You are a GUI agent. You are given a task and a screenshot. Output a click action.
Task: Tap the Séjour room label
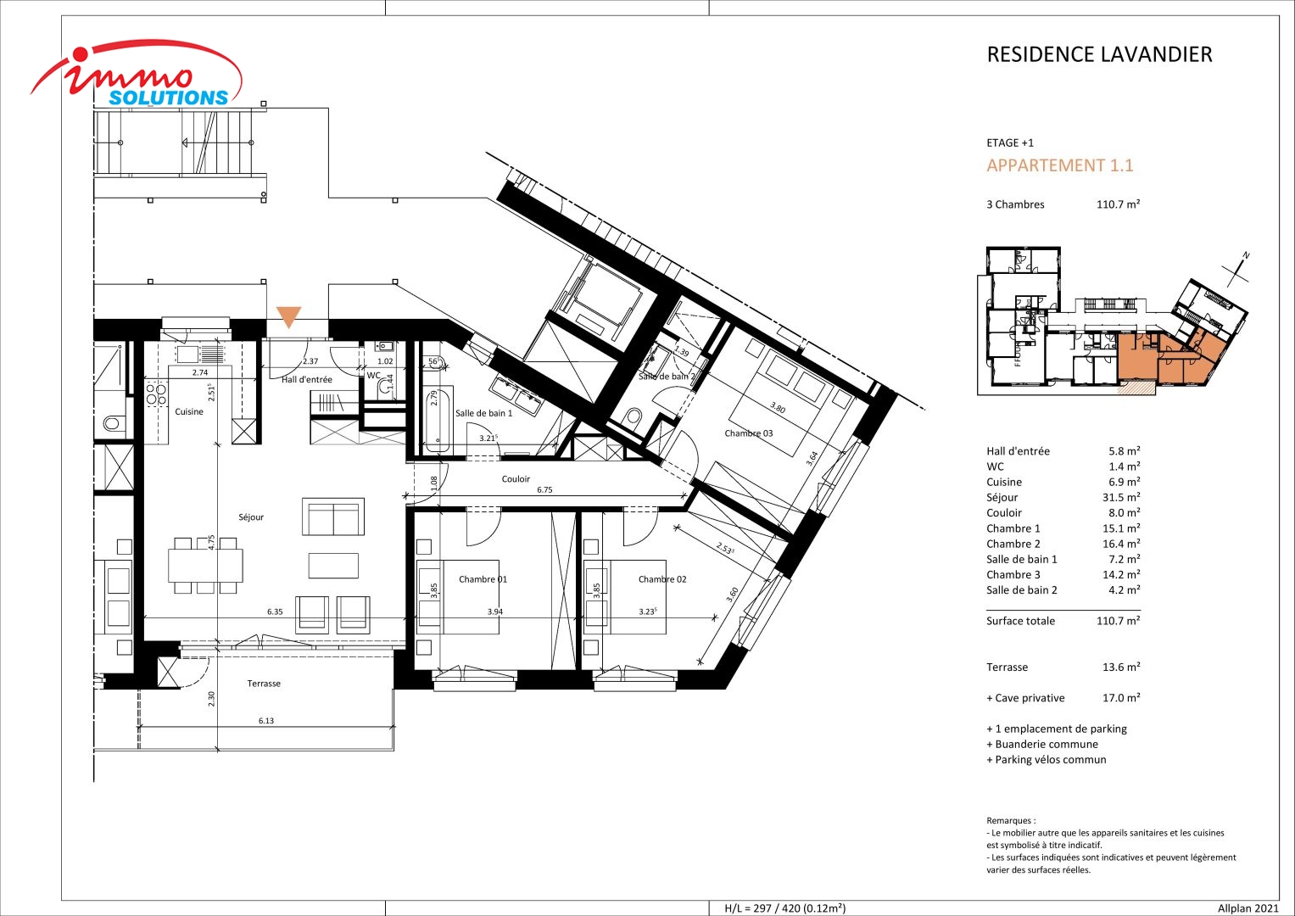click(251, 517)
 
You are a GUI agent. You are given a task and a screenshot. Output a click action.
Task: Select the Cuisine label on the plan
click(189, 411)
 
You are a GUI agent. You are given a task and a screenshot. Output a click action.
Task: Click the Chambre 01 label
click(483, 578)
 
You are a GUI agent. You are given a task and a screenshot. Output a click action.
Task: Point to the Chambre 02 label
click(662, 578)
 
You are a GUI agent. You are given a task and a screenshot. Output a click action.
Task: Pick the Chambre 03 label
click(749, 433)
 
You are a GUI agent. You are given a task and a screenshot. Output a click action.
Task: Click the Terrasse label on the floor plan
click(264, 684)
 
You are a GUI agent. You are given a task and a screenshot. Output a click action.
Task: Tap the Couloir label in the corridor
click(516, 479)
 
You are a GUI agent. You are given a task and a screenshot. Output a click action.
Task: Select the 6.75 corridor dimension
click(544, 490)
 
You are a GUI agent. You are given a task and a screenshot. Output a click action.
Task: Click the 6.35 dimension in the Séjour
click(275, 612)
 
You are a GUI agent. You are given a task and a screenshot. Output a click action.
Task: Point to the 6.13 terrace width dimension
click(266, 721)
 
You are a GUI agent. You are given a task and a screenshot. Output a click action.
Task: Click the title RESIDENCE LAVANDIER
click(1099, 54)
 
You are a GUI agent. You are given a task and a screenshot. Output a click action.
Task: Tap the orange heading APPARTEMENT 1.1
click(1060, 165)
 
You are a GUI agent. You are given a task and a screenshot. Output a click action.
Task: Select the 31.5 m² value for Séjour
click(1121, 497)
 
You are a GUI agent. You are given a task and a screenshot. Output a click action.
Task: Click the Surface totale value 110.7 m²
click(1118, 621)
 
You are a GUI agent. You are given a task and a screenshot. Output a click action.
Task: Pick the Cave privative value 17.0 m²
click(1121, 698)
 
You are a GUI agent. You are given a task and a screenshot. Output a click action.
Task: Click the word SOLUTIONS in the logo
click(169, 98)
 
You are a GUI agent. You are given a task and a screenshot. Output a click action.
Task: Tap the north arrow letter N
click(1246, 255)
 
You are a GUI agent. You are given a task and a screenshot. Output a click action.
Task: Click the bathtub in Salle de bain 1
click(438, 420)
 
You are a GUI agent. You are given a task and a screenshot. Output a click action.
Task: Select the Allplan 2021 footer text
click(1248, 908)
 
